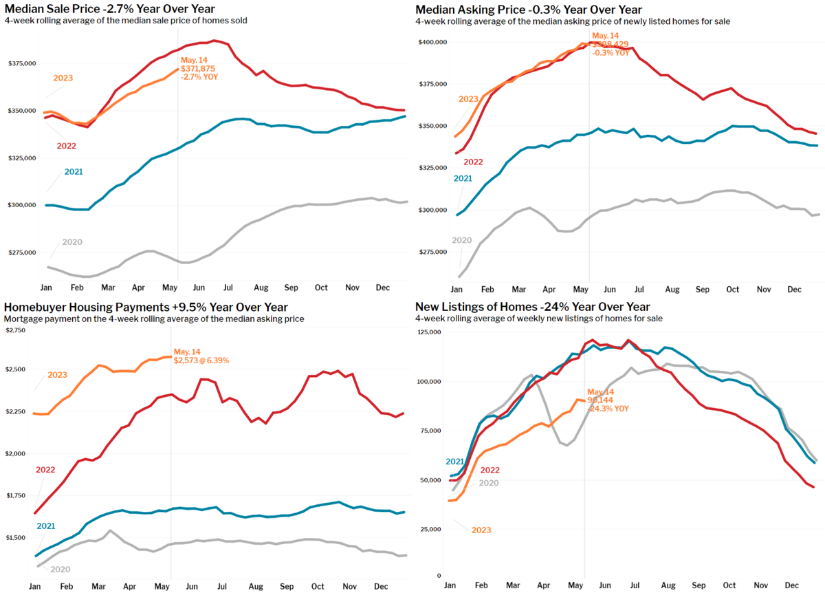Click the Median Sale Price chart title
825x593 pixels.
click(x=109, y=9)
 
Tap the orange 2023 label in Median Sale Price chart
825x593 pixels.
click(x=63, y=78)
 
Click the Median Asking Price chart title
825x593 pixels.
click(x=529, y=9)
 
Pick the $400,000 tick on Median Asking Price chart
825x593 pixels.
click(x=433, y=42)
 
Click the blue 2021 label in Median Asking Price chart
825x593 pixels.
click(x=464, y=179)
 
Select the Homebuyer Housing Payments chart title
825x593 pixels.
click(x=146, y=307)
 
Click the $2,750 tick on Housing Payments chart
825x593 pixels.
click(x=15, y=331)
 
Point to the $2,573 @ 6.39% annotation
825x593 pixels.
click(x=201, y=360)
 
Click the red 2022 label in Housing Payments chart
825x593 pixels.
click(x=46, y=469)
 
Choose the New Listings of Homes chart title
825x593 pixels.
click(x=533, y=307)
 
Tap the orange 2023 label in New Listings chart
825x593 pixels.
click(x=481, y=530)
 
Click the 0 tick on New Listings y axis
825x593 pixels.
click(x=439, y=575)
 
